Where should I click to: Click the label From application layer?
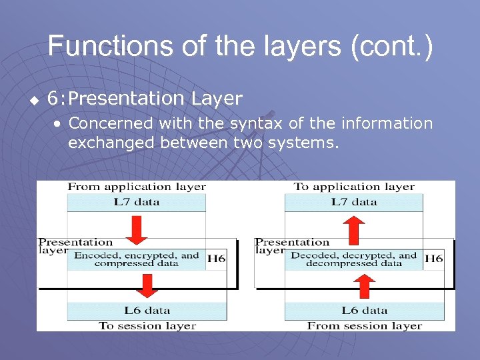136,187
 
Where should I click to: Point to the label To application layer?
354,187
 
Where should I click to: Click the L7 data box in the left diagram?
136,202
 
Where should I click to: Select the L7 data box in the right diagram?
354,202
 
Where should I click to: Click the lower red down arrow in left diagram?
147,285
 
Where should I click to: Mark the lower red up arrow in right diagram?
365,285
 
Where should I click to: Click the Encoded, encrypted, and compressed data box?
136,259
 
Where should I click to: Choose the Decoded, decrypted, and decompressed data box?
354,259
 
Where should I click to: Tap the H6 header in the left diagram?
216,259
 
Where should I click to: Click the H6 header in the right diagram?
433,259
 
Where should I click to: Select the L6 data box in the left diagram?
147,311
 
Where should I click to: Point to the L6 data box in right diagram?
365,311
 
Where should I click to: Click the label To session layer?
147,326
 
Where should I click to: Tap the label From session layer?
365,326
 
